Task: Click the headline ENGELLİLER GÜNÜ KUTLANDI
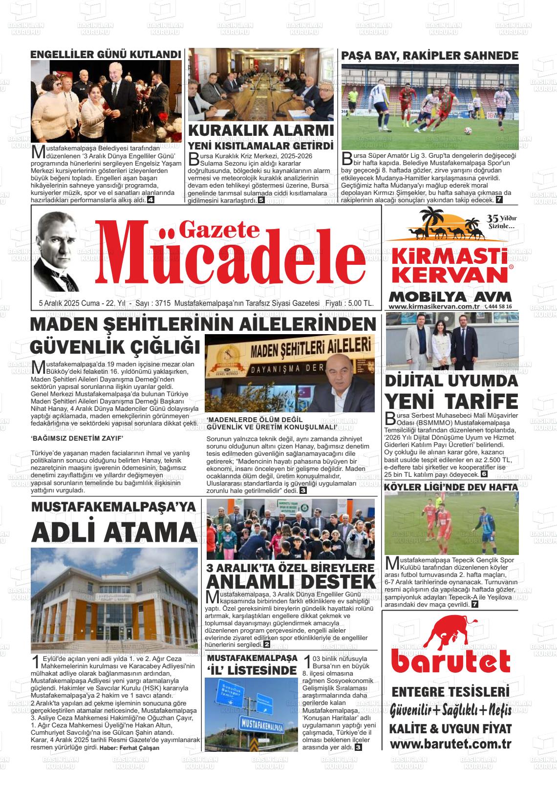(106, 54)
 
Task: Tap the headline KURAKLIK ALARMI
(261, 131)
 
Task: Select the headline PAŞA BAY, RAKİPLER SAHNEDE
(429, 55)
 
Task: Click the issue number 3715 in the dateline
(161, 303)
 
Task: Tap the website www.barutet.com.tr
(450, 744)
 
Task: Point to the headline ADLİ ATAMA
(113, 532)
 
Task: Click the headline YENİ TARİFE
(451, 400)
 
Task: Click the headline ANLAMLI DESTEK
(291, 581)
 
